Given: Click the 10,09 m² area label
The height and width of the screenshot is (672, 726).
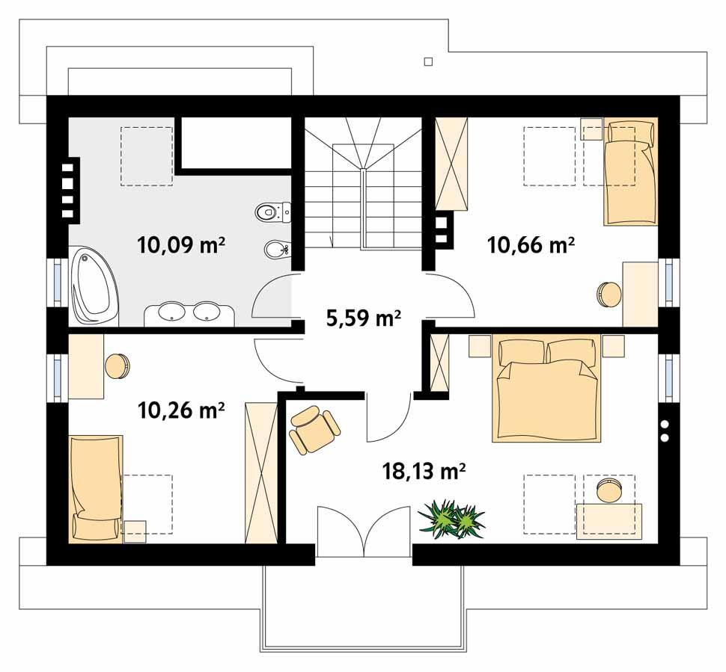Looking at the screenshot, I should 182,244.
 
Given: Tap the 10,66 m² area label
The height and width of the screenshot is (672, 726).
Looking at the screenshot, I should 531,244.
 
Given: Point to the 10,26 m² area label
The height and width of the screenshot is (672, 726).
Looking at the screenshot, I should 182,410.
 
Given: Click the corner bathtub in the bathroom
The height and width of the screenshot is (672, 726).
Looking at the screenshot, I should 94,288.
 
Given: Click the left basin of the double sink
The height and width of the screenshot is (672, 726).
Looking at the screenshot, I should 174,312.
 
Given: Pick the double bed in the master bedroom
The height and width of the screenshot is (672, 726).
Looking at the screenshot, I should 546,389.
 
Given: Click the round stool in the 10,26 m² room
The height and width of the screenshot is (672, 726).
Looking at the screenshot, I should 118,366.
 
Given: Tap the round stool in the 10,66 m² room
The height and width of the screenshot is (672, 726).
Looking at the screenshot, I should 608,293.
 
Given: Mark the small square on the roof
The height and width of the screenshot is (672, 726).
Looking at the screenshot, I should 428,61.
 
